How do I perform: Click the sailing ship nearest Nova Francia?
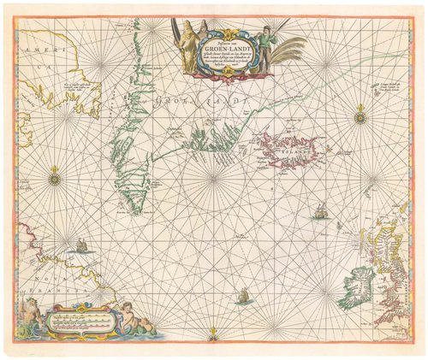(82, 245)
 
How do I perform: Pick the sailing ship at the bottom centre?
(243, 298)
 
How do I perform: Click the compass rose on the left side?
(55, 178)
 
